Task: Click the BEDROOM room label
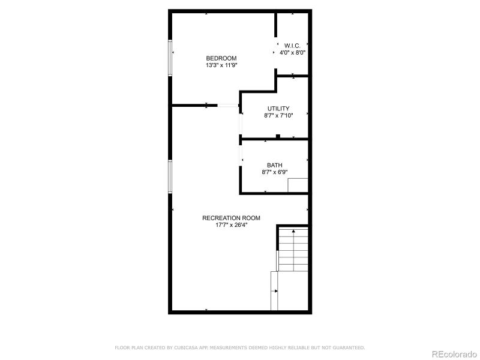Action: coord(217,58)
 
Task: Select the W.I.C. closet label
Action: coord(293,46)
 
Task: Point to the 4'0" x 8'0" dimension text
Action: coord(293,53)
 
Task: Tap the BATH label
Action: coord(275,165)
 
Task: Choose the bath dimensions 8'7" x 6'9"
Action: coord(275,172)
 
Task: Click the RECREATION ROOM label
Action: coord(231,218)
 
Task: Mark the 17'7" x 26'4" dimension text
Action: coord(231,225)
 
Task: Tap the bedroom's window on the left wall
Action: coord(170,58)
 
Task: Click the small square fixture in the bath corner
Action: coord(298,185)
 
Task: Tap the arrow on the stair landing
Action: coord(276,291)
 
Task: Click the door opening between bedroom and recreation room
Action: coord(228,106)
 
